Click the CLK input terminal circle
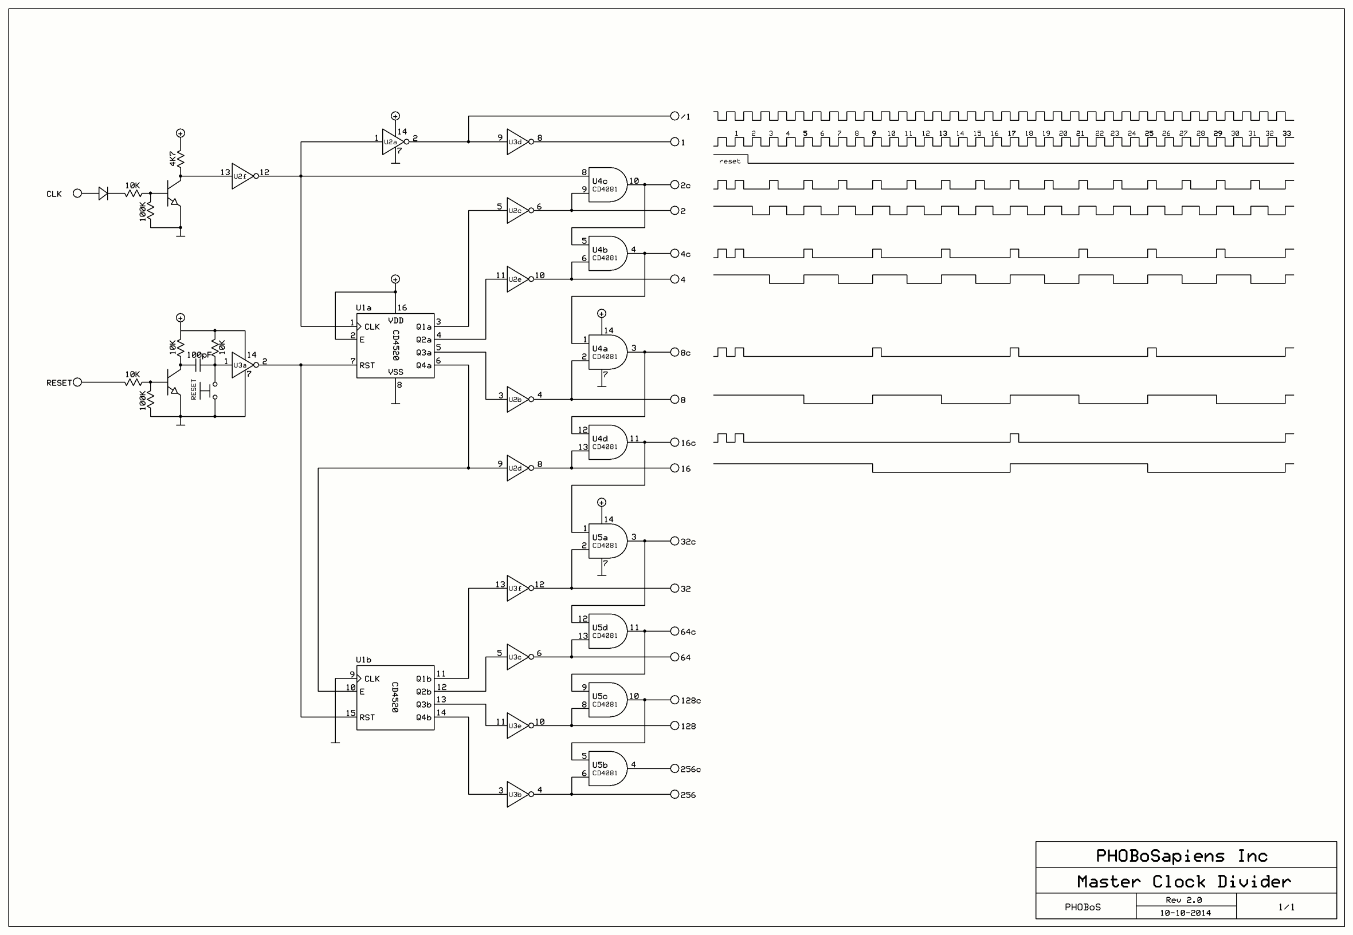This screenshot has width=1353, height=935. [x=77, y=194]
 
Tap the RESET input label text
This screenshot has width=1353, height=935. [x=58, y=383]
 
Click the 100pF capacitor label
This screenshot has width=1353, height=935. [x=199, y=355]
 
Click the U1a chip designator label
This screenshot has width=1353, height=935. [x=363, y=307]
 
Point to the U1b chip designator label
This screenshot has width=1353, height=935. [x=363, y=660]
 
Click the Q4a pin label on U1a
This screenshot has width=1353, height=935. [x=423, y=365]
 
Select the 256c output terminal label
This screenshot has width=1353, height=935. [x=691, y=769]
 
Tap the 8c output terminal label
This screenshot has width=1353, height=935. [x=685, y=353]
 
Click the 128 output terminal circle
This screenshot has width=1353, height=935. [x=674, y=726]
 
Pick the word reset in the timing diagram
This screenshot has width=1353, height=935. [x=730, y=161]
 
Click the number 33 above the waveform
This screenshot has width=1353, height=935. [x=1287, y=133]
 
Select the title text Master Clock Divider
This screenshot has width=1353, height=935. [x=1184, y=882]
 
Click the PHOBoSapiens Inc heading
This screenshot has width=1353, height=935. [x=1182, y=856]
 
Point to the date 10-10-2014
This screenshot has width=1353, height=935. [x=1185, y=913]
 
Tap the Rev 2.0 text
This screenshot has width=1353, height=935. [x=1183, y=900]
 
